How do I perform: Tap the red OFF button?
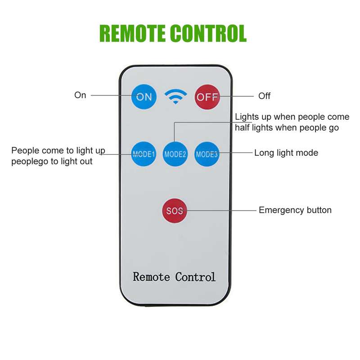[x=207, y=97]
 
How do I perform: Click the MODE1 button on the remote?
[x=144, y=154]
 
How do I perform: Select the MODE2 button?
[x=175, y=154]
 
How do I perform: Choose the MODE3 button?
[x=207, y=154]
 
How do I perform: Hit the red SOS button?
[x=175, y=211]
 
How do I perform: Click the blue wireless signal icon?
[x=175, y=96]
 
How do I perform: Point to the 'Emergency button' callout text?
[x=295, y=210]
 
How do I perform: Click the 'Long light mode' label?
[x=286, y=153]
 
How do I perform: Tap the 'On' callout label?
[x=80, y=95]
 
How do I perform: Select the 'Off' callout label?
[x=264, y=96]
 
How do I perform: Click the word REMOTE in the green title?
[x=132, y=33]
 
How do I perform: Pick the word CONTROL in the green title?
[x=208, y=33]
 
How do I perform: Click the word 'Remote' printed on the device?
[x=151, y=277]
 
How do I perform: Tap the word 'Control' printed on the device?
[x=195, y=277]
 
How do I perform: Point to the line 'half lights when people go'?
[x=287, y=128]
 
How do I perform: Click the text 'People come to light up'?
[x=58, y=151]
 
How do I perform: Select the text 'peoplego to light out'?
[x=52, y=162]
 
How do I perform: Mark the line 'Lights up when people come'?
[x=292, y=117]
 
